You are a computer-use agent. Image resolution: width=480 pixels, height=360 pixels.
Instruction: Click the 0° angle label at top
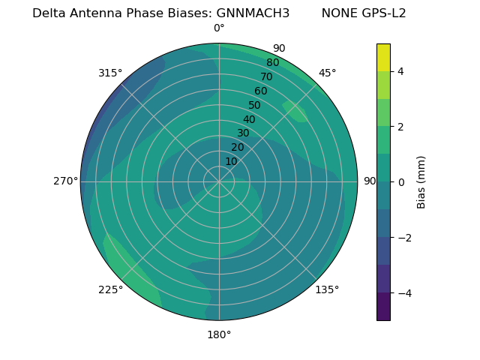pyautogui.click(x=219, y=28)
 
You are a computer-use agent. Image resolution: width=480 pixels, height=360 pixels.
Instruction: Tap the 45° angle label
pyautogui.click(x=327, y=73)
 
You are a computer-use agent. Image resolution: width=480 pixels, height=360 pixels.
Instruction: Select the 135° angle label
pyautogui.click(x=327, y=289)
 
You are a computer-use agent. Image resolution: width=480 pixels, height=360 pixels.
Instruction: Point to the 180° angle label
pyautogui.click(x=219, y=334)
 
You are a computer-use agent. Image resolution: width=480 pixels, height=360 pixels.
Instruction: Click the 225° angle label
pyautogui.click(x=110, y=289)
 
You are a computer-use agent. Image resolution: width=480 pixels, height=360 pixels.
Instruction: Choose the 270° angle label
pyautogui.click(x=65, y=181)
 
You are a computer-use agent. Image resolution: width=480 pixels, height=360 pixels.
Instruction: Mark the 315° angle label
pyautogui.click(x=110, y=73)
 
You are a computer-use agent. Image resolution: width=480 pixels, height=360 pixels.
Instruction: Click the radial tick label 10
pyautogui.click(x=231, y=161)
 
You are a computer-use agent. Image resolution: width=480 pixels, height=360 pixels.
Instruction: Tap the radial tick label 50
pyautogui.click(x=254, y=106)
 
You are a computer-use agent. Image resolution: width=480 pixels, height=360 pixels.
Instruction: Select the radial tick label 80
pyautogui.click(x=272, y=63)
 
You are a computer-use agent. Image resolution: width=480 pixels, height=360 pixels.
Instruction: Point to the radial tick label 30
pyautogui.click(x=243, y=133)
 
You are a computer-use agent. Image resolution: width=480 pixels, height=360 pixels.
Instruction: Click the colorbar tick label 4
pyautogui.click(x=400, y=71)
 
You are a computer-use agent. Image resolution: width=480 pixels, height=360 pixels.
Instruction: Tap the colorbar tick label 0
pyautogui.click(x=400, y=182)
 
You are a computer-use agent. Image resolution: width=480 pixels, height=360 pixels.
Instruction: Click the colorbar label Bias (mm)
pyautogui.click(x=421, y=182)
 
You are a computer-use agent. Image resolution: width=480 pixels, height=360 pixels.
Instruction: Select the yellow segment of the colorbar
pyautogui.click(x=383, y=57)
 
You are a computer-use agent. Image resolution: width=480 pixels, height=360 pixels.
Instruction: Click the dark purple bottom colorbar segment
pyautogui.click(x=383, y=307)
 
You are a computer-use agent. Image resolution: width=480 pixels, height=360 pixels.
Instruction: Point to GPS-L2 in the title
pyautogui.click(x=381, y=13)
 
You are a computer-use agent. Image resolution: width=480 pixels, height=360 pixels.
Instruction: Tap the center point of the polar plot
pyautogui.click(x=219, y=181)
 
